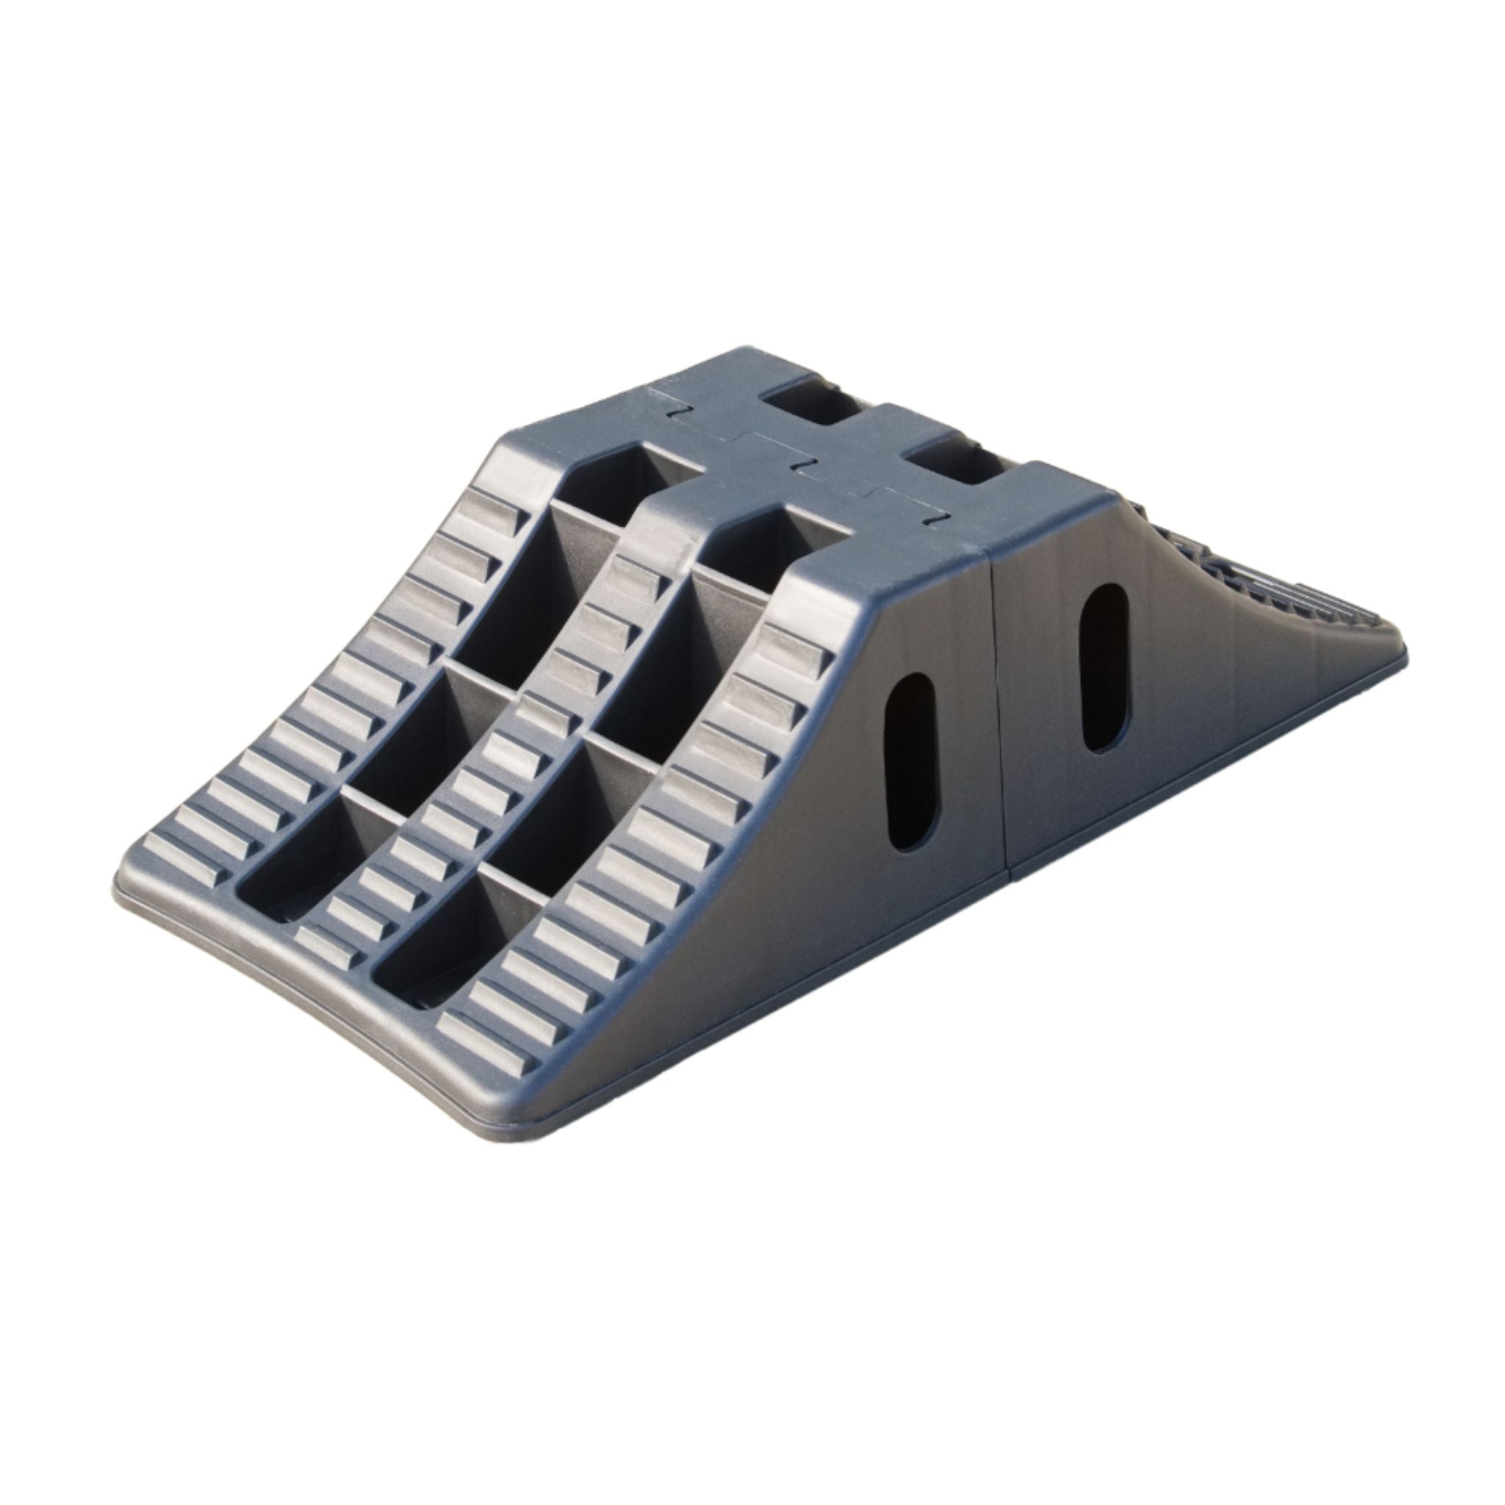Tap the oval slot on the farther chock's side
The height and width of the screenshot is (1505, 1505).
(1101, 669)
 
